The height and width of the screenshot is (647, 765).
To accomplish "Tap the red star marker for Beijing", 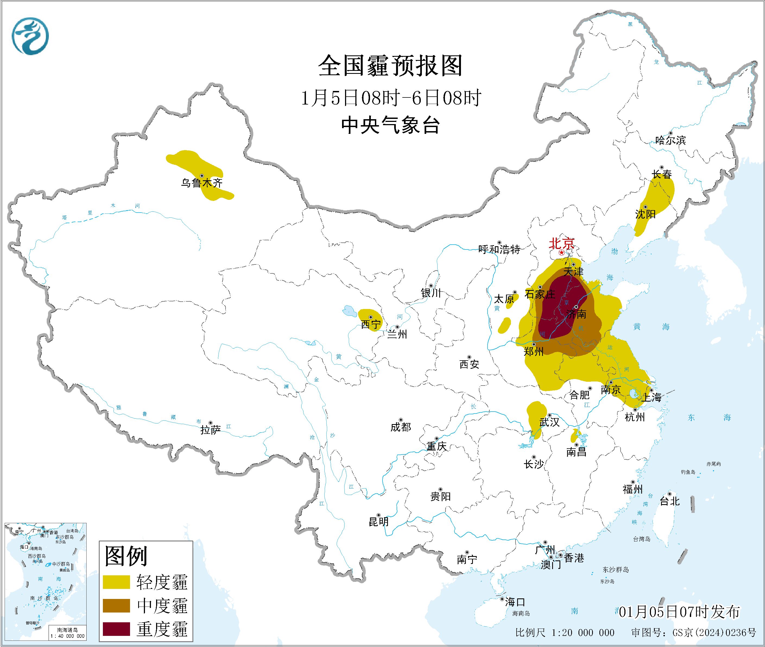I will click(561, 253).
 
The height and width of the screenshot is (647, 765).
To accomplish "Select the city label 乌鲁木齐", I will click(201, 183).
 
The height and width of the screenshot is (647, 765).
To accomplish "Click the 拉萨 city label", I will click(210, 430).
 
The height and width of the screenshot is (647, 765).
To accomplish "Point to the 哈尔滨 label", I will click(670, 140).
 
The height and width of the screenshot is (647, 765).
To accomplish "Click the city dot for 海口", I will click(502, 599).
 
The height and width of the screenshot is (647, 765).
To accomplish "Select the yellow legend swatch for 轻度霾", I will click(116, 582).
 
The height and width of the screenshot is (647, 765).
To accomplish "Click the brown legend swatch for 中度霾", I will click(116, 605).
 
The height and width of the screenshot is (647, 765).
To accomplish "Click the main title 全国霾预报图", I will click(390, 66).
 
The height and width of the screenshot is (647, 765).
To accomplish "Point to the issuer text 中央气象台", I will click(390, 125).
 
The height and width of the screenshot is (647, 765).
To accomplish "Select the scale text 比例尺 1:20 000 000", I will click(564, 633).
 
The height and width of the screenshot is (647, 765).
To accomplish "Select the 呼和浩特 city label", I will click(499, 250).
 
